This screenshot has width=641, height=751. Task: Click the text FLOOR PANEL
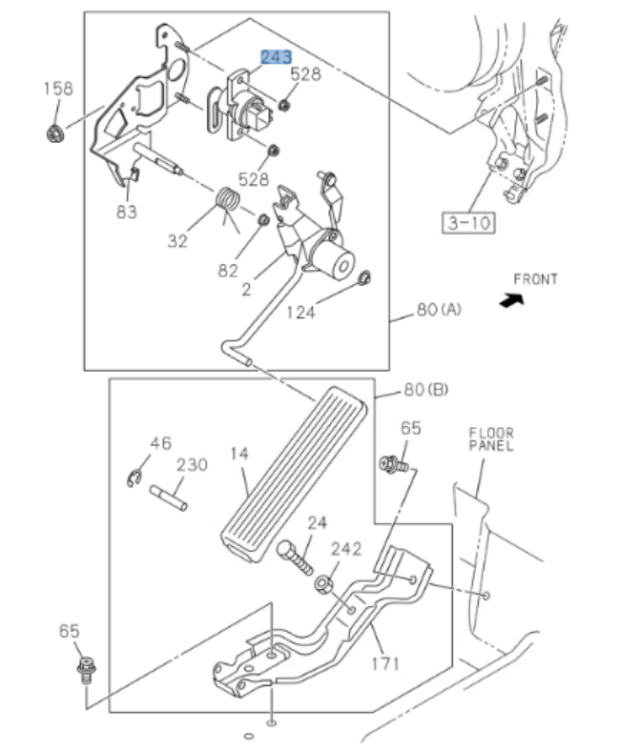pyautogui.click(x=490, y=438)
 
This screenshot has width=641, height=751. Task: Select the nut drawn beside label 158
pyautogui.click(x=55, y=132)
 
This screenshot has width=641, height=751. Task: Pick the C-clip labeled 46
pyautogui.click(x=136, y=477)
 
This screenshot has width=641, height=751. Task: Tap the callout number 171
pyautogui.click(x=384, y=661)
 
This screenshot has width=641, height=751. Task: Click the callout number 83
pyautogui.click(x=127, y=212)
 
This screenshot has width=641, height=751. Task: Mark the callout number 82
pyautogui.click(x=228, y=270)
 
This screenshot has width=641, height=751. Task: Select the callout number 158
pyautogui.click(x=58, y=89)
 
